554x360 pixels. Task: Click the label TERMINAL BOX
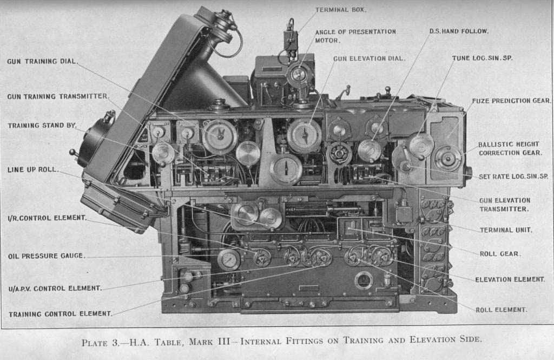pos(341,10)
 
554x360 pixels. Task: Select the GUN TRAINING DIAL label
pos(41,61)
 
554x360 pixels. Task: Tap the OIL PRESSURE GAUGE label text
pos(46,256)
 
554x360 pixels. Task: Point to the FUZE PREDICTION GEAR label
pos(511,101)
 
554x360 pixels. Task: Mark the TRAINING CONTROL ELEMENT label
pos(60,313)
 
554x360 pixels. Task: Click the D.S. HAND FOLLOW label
pos(459,31)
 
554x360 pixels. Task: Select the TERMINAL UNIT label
pos(505,230)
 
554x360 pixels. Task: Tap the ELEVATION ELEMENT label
pos(510,279)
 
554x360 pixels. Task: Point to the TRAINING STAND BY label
pos(42,126)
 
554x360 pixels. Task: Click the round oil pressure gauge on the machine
pos(229,259)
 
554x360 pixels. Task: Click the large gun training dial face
pos(220,137)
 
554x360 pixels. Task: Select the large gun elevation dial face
pos(304,135)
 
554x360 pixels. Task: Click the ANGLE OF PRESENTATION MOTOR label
pos(355,36)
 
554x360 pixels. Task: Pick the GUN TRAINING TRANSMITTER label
pos(57,96)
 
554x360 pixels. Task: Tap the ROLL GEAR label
pos(500,253)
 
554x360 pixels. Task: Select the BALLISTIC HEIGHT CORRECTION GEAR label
pos(510,149)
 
